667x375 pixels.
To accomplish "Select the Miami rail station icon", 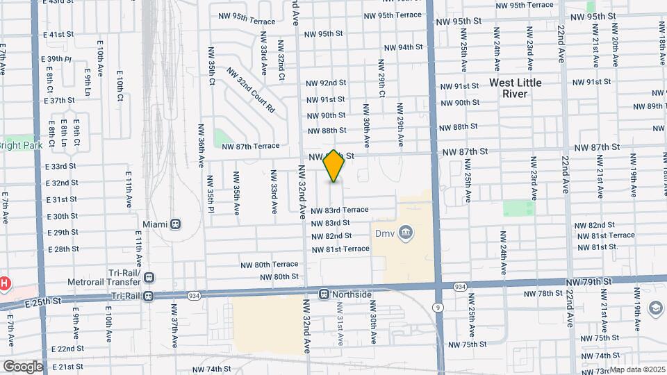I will click(x=176, y=224).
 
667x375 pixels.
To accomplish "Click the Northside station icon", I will click(x=324, y=294).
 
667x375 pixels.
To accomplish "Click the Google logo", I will click(x=22, y=366).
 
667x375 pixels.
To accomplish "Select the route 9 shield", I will click(x=437, y=306).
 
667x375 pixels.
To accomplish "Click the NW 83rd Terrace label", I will click(x=339, y=210).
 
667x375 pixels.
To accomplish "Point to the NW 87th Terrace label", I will click(x=250, y=146).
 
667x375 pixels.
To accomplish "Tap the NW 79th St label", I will click(x=591, y=281).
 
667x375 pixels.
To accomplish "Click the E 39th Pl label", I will click(x=56, y=60).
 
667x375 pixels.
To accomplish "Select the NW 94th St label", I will click(x=404, y=47).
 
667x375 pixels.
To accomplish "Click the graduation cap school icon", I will click(x=655, y=308).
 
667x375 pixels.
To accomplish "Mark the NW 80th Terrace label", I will click(x=270, y=265).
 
